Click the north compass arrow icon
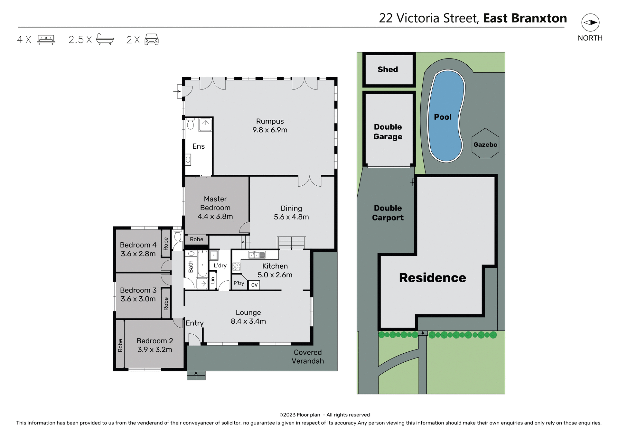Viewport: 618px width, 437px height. (590, 23)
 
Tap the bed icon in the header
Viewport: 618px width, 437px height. (46, 39)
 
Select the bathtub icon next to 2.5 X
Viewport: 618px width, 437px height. (105, 39)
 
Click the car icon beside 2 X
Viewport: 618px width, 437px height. (152, 39)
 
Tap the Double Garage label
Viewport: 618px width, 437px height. (388, 132)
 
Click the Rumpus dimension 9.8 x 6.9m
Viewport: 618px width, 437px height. (270, 130)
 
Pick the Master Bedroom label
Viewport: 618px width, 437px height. (215, 203)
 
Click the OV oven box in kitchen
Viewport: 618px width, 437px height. (254, 285)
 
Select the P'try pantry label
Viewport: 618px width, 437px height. (239, 283)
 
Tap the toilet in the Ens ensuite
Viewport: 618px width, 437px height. (190, 124)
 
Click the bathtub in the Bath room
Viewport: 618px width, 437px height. (202, 264)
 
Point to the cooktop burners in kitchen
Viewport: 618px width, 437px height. (237, 266)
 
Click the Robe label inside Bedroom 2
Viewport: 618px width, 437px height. (120, 345)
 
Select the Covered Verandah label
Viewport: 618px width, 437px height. (308, 357)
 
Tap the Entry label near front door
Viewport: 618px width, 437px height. (194, 323)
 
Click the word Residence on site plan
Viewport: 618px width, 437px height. (432, 278)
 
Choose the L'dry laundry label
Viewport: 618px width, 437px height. (220, 265)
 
